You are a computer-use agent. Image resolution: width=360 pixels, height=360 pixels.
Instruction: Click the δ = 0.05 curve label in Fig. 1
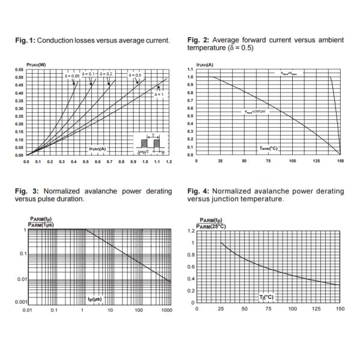pyautogui.click(x=71, y=76)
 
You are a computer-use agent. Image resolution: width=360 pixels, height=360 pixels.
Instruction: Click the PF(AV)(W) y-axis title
pyautogui.click(x=37, y=64)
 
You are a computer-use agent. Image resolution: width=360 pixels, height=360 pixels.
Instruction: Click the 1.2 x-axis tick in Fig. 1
pyautogui.click(x=170, y=161)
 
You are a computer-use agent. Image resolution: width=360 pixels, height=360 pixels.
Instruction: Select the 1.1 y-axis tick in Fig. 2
pyautogui.click(x=191, y=70)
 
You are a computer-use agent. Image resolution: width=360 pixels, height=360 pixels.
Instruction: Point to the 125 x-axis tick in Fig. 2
pyautogui.click(x=316, y=161)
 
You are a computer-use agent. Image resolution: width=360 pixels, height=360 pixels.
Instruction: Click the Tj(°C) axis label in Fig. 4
pyautogui.click(x=268, y=296)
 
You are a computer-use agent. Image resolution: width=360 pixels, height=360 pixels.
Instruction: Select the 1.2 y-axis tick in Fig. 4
pyautogui.click(x=191, y=231)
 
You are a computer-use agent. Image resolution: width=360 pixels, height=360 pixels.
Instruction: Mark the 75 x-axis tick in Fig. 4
pyautogui.click(x=268, y=309)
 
